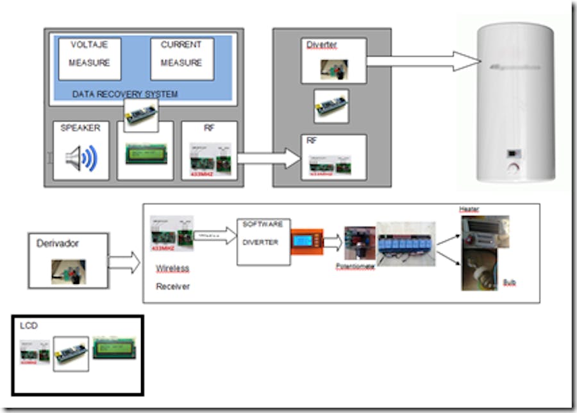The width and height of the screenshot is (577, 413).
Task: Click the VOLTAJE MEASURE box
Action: pyautogui.click(x=90, y=58)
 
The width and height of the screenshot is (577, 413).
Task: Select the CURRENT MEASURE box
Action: pyautogui.click(x=181, y=58)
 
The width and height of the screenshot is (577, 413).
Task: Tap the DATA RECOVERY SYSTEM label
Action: pyautogui.click(x=125, y=94)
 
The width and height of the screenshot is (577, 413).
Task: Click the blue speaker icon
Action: pyautogui.click(x=82, y=159)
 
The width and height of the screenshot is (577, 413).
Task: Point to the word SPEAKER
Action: pyautogui.click(x=80, y=128)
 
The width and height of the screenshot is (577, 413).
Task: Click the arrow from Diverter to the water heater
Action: pyautogui.click(x=423, y=62)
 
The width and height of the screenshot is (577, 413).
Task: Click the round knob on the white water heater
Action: pyautogui.click(x=513, y=168)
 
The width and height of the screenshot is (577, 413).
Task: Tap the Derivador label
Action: pyautogui.click(x=58, y=244)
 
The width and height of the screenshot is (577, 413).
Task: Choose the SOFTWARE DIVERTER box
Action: pyautogui.click(x=263, y=242)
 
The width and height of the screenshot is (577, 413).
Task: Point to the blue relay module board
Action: pyautogui.click(x=406, y=245)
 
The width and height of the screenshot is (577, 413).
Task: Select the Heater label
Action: pyautogui.click(x=469, y=209)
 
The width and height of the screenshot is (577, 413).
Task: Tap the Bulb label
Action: pyautogui.click(x=510, y=282)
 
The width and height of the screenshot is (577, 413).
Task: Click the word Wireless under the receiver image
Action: pyautogui.click(x=173, y=268)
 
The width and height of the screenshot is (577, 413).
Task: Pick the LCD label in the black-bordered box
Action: pyautogui.click(x=29, y=326)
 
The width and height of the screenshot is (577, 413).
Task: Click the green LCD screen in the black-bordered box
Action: pyautogui.click(x=115, y=347)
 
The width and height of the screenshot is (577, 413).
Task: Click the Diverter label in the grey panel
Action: pyautogui.click(x=321, y=45)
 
